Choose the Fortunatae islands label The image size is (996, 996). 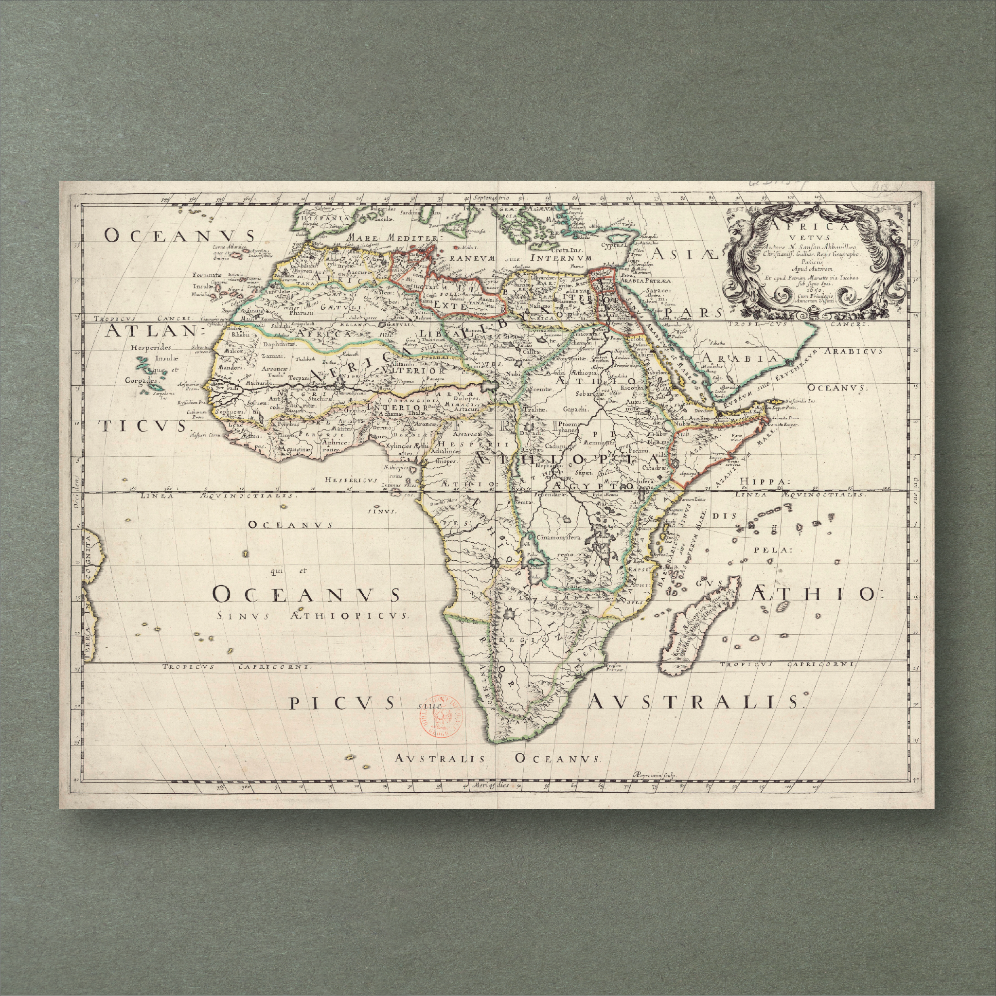pos(207,275)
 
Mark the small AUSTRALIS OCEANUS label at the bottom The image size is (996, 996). pos(498,758)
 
